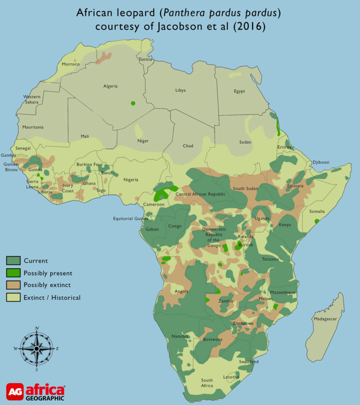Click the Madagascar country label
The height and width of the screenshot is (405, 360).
click(325, 319)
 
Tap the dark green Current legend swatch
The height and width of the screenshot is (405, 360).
click(13, 261)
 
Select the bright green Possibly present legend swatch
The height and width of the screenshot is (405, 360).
click(13, 273)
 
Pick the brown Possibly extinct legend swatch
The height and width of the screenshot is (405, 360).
click(13, 285)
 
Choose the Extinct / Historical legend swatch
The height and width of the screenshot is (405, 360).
click(13, 297)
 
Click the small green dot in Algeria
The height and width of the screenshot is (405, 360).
click(133, 103)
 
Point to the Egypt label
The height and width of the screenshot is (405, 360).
click(240, 91)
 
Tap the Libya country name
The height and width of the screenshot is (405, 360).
click(180, 90)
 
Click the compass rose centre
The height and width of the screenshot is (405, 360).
click(37, 348)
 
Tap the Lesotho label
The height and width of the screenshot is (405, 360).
click(231, 377)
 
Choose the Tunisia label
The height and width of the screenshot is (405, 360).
click(146, 60)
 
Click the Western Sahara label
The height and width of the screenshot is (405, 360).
click(32, 99)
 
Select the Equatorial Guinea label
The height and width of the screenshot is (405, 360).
click(130, 218)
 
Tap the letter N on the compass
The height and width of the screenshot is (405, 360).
click(37, 328)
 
